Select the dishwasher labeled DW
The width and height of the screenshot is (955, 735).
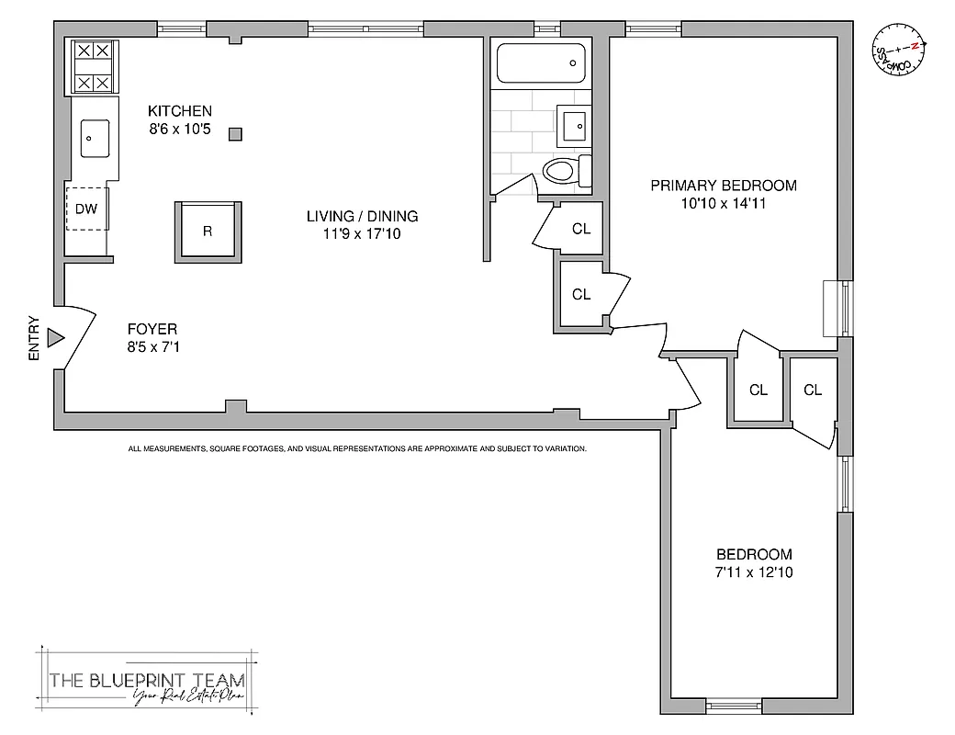86,209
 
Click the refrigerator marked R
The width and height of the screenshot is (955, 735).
208,231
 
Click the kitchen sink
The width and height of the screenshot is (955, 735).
93,140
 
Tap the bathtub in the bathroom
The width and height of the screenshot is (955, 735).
540,63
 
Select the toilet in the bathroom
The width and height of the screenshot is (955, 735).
563,169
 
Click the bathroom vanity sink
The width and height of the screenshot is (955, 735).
576,124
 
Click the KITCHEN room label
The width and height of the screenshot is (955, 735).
180,111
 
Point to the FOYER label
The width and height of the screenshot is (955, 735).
153,329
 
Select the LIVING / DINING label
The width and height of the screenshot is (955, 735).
362,217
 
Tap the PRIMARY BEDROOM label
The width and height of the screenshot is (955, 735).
724,186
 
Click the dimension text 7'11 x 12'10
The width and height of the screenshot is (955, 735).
754,572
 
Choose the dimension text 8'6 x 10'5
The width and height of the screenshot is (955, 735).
180,130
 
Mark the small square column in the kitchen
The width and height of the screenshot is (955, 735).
236,134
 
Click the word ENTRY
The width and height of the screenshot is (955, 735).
34,338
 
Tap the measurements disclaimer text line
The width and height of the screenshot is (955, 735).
357,449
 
